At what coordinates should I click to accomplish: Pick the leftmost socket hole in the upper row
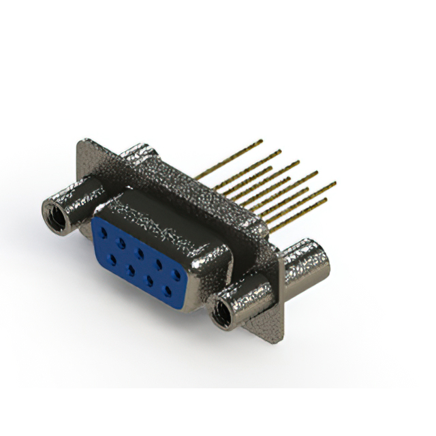103,232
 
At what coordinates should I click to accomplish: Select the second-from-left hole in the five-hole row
121,243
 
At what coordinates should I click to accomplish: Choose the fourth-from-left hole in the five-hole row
159,264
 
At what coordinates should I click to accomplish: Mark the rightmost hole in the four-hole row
168,292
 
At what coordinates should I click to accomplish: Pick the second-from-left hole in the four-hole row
129,268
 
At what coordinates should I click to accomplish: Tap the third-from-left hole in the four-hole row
148,280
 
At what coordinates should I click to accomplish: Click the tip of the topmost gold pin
261,141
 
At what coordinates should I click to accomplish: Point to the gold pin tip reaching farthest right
334,183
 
